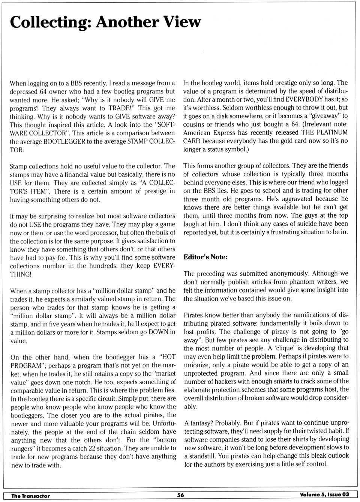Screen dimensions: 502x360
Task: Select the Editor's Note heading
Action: click(x=205, y=257)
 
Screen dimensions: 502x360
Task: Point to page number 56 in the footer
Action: click(x=180, y=495)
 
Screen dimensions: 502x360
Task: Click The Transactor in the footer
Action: click(x=30, y=496)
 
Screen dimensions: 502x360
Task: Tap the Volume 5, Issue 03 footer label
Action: click(x=324, y=494)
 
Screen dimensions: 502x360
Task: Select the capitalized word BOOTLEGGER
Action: click(x=64, y=141)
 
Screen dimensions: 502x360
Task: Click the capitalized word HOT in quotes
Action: click(x=168, y=357)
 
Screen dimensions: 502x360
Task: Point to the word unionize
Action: click(x=198, y=365)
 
